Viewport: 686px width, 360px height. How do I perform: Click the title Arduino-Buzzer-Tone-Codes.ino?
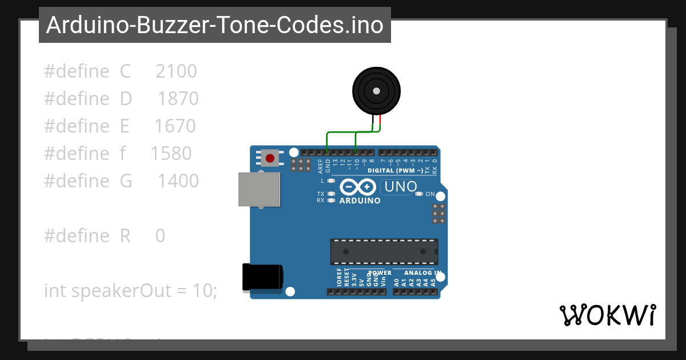[214, 25]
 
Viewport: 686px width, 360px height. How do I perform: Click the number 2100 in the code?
[176, 71]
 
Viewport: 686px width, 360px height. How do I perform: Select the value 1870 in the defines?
[178, 99]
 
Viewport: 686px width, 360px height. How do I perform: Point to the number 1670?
[175, 126]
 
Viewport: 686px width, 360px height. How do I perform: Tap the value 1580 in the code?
[171, 154]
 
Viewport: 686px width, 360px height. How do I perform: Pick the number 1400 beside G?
[178, 181]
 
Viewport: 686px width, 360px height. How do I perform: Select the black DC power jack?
[262, 277]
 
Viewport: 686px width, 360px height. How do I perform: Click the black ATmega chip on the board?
[384, 251]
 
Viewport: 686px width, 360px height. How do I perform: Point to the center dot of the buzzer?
[376, 91]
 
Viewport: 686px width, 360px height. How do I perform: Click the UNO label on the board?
[401, 187]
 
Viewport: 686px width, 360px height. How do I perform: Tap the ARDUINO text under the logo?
[360, 201]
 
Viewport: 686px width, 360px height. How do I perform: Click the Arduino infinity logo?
[358, 187]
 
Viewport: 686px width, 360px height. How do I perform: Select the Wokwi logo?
[607, 315]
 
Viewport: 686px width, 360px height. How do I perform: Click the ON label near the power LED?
[430, 194]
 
